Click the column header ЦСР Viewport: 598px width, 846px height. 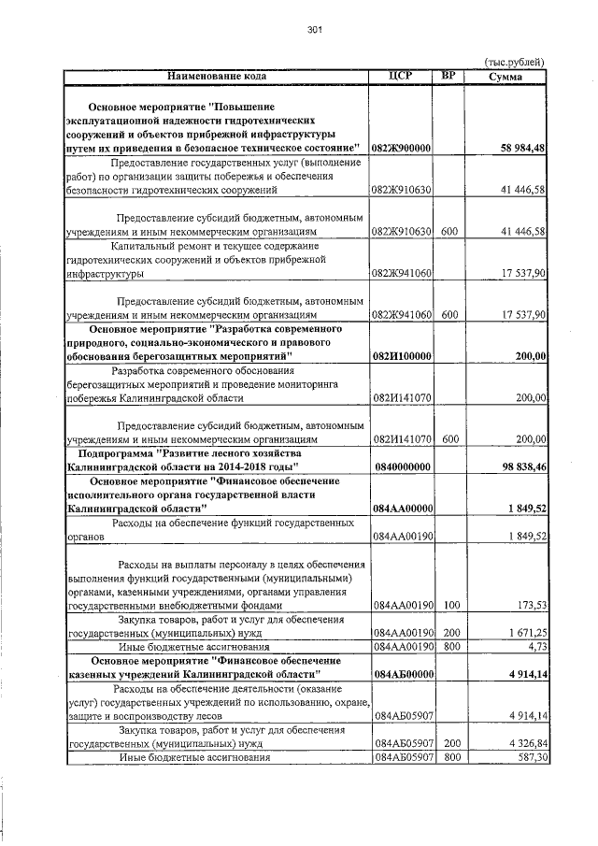point(401,75)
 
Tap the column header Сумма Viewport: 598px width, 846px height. point(505,77)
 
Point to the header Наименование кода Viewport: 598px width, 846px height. point(217,76)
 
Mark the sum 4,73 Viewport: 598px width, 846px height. point(535,646)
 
